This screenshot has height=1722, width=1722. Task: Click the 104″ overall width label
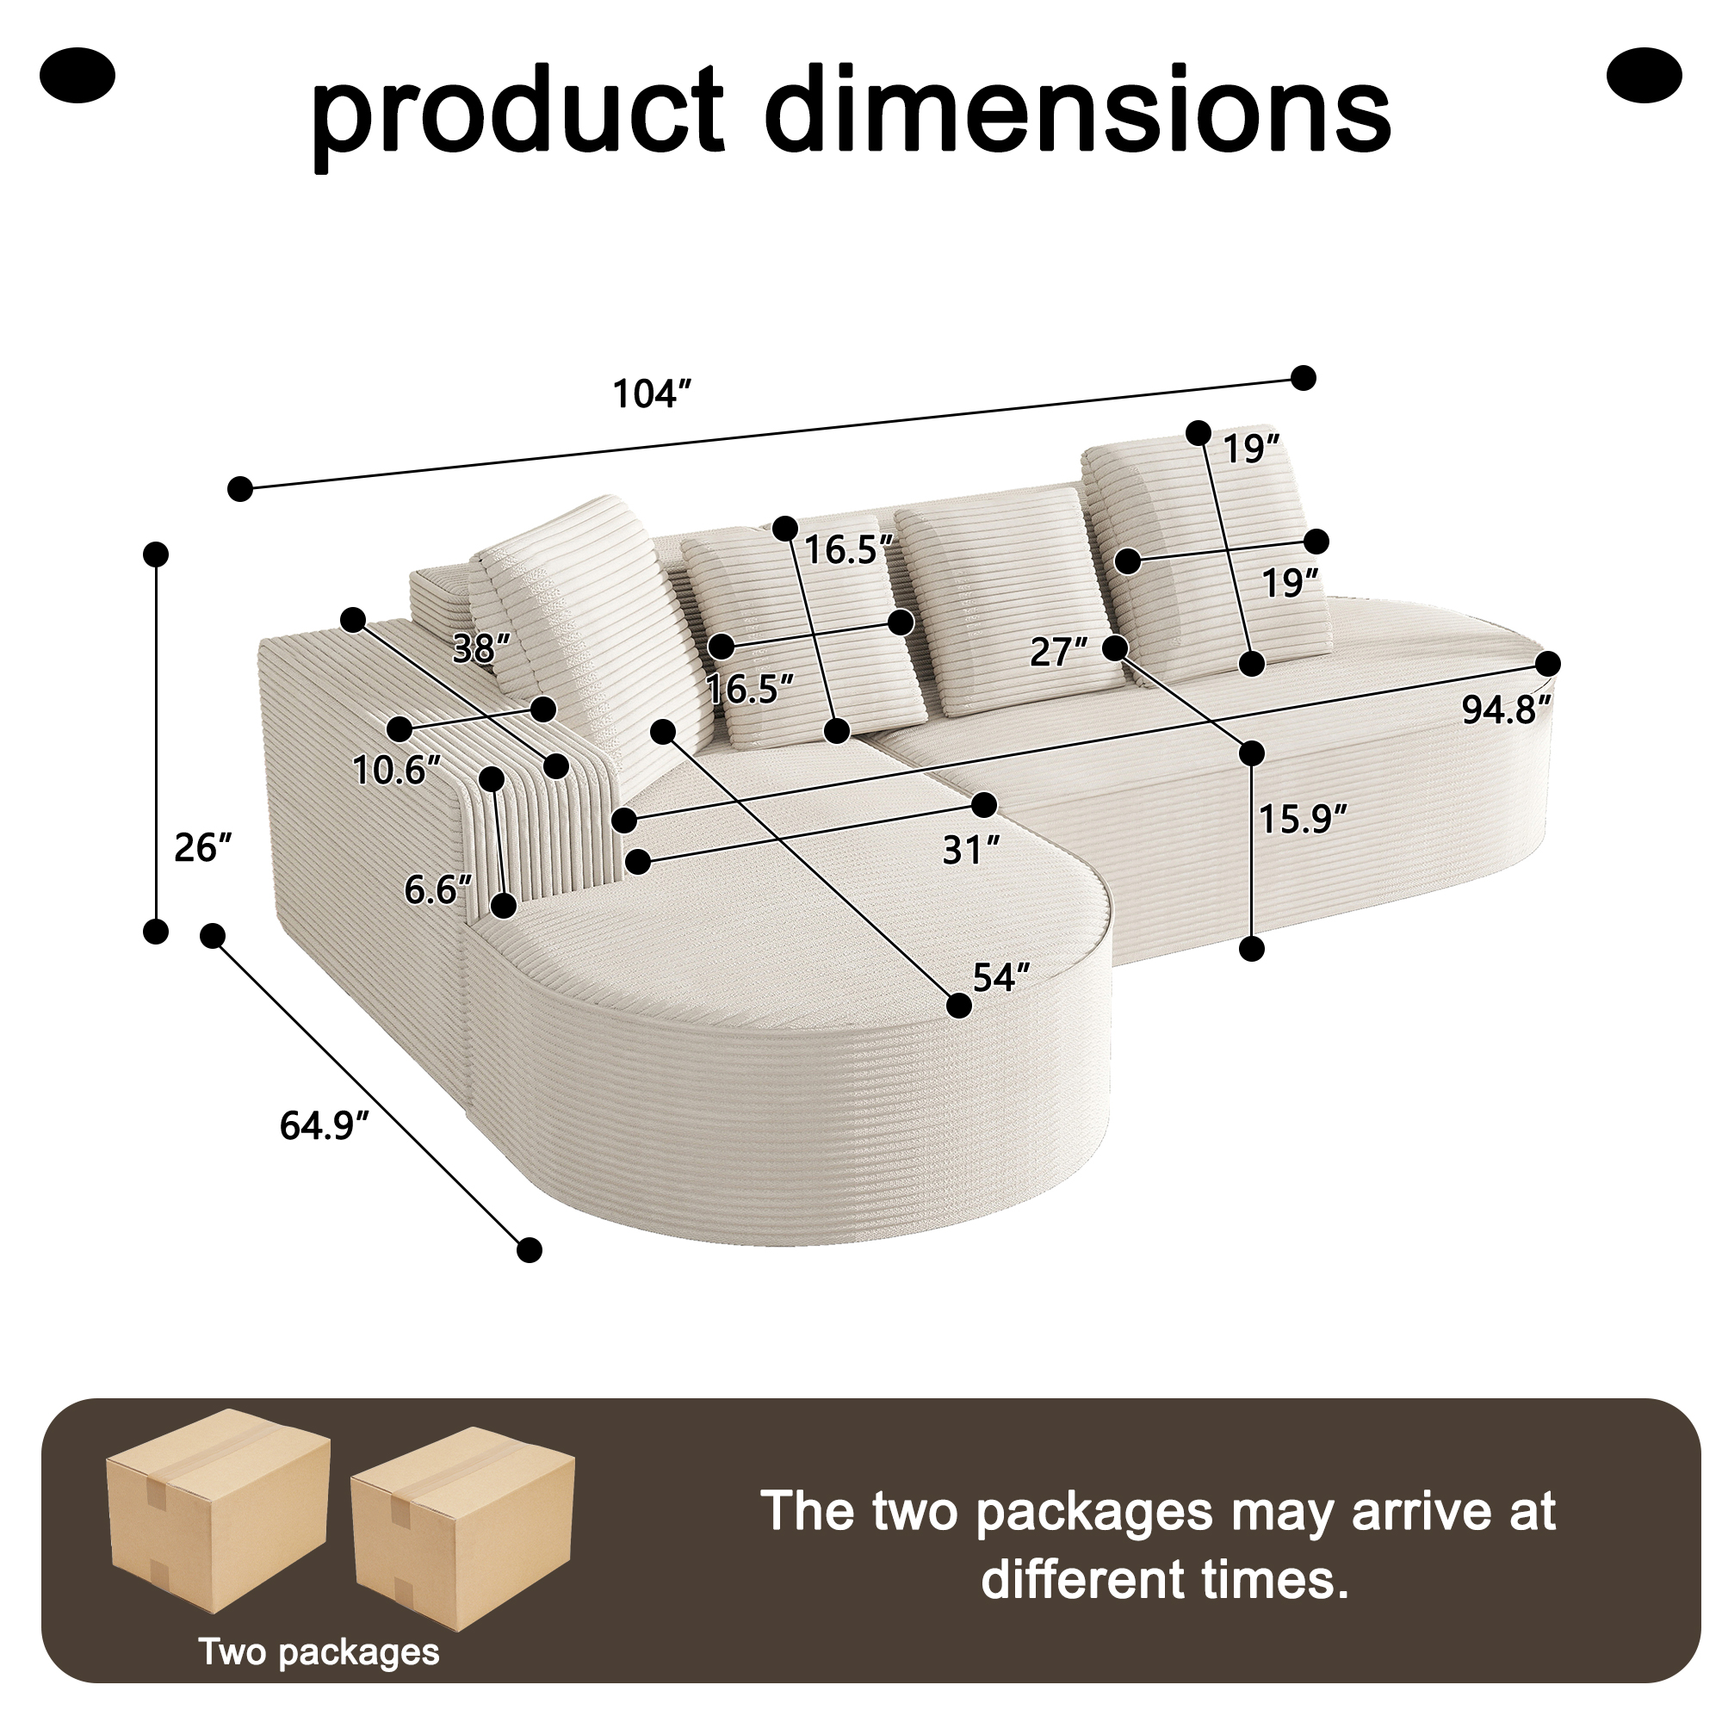click(653, 394)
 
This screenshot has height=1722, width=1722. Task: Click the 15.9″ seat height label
click(1302, 818)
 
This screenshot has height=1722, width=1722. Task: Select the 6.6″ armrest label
click(437, 889)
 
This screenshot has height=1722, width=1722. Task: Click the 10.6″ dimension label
click(397, 770)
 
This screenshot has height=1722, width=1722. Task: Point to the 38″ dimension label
click(481, 648)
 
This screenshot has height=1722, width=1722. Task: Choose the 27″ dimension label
click(1059, 653)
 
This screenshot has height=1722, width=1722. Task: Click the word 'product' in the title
click(517, 115)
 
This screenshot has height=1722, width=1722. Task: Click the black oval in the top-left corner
click(77, 75)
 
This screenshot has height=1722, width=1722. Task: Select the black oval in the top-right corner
click(1644, 75)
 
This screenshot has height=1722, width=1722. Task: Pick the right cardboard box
click(462, 1529)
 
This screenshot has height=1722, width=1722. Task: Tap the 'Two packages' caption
click(319, 1651)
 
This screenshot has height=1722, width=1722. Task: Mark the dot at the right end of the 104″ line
click(1303, 378)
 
